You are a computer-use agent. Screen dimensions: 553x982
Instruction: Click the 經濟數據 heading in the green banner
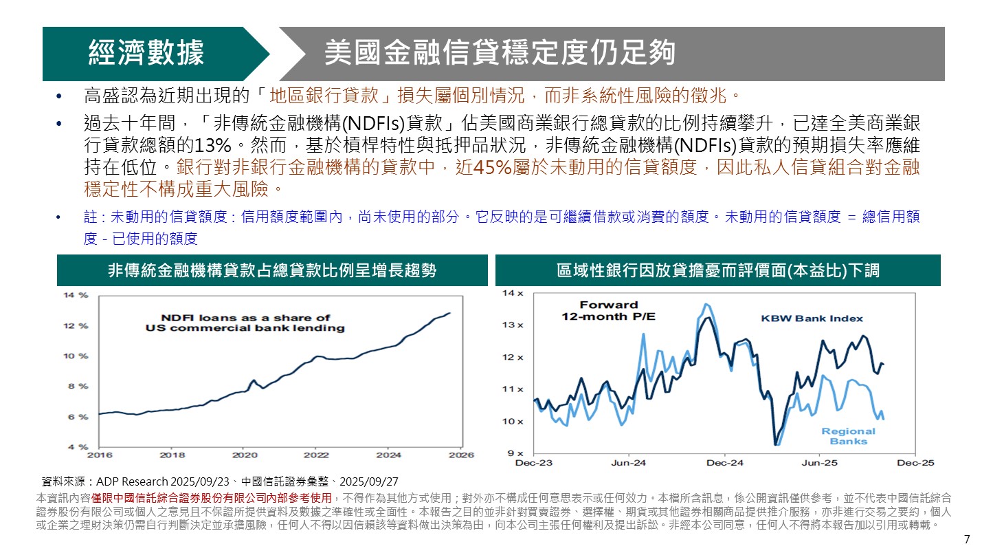(146, 53)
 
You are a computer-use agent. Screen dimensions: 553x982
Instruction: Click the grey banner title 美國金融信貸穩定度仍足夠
(500, 53)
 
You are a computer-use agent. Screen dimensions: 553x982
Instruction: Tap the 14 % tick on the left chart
(76, 295)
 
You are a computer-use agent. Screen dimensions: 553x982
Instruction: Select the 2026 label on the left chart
(461, 455)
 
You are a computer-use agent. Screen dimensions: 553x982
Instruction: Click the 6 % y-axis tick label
(76, 417)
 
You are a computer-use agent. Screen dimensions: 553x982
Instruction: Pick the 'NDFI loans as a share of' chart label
(246, 318)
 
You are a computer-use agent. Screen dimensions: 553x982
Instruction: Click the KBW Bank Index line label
(812, 318)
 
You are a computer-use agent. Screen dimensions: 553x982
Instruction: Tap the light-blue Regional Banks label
(848, 436)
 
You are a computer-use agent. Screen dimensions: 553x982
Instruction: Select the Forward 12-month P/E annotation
(608, 310)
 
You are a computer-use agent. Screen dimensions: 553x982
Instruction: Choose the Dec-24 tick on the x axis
(724, 463)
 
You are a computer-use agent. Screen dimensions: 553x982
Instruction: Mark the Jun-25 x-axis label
(820, 463)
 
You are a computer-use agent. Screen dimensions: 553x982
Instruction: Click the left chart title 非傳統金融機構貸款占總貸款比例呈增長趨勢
(272, 270)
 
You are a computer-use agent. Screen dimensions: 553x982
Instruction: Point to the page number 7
(967, 539)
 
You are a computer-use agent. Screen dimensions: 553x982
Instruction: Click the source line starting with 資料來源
(220, 481)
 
